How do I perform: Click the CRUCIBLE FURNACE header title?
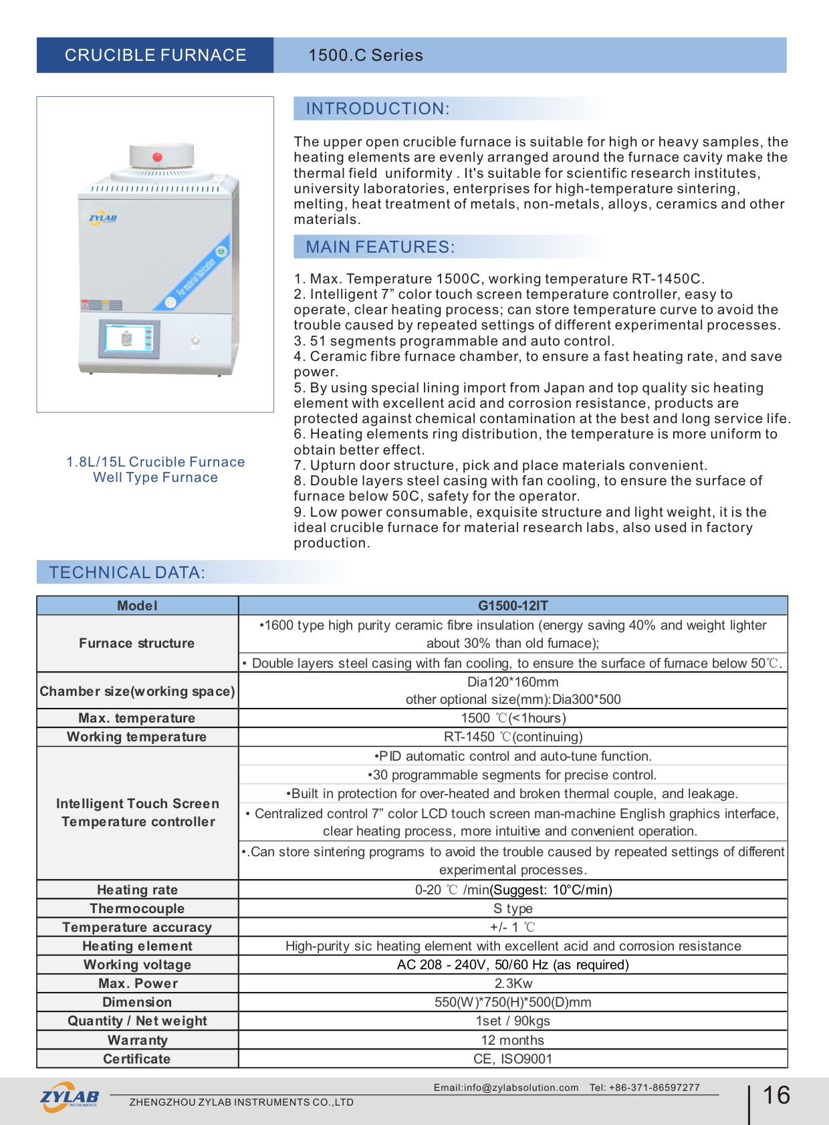click(155, 55)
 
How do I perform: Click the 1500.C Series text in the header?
click(365, 55)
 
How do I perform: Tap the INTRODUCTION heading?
click(378, 109)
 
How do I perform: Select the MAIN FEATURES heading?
click(380, 247)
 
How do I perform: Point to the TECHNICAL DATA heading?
click(127, 573)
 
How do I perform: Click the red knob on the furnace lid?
click(158, 158)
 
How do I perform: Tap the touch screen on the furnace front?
click(129, 338)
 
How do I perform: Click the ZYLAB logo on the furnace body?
click(103, 218)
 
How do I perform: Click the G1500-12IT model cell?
click(513, 606)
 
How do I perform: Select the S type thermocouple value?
click(513, 908)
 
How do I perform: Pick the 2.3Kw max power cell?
click(513, 983)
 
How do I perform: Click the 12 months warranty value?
click(513, 1040)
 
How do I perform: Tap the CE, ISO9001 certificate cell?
click(513, 1059)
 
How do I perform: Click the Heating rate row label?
click(137, 890)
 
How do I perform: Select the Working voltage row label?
click(137, 965)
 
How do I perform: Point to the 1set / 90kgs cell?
click(513, 1021)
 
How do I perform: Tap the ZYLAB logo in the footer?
click(70, 1097)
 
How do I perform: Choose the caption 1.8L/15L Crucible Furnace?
click(155, 462)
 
